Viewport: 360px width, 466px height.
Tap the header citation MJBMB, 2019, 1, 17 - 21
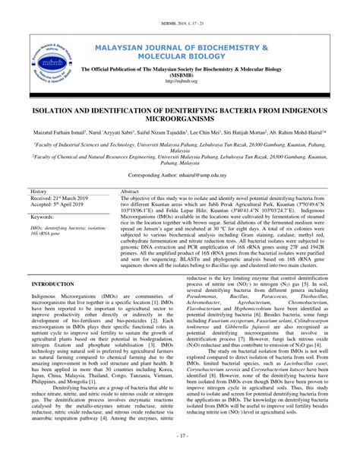tap(180, 8)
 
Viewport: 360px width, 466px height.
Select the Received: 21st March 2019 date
tap(59, 198)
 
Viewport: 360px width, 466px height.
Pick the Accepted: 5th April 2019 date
tap(55, 206)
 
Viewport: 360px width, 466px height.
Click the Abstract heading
tap(131, 192)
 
